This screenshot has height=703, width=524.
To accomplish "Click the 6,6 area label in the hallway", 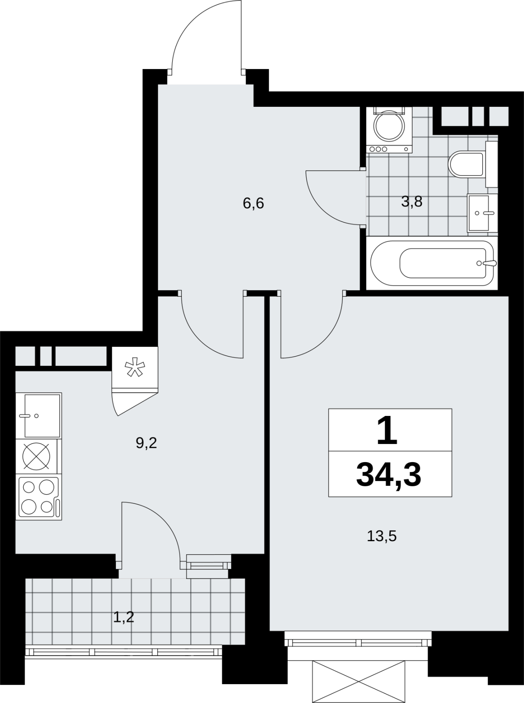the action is click(x=253, y=204).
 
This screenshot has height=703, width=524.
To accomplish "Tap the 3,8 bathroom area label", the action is click(x=412, y=202).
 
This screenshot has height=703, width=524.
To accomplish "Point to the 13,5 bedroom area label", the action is click(x=382, y=536).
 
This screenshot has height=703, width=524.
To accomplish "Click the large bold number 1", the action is click(x=387, y=430).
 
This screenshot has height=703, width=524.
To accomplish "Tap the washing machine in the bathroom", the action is click(x=389, y=130).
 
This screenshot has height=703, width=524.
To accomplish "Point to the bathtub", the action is click(x=432, y=263).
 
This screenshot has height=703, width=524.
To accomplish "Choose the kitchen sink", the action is click(x=39, y=416).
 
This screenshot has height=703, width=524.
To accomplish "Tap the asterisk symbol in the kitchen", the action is click(x=135, y=367).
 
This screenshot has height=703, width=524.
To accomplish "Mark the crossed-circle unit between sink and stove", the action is click(x=36, y=456).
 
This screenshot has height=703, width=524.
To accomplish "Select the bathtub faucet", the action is click(x=488, y=263).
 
